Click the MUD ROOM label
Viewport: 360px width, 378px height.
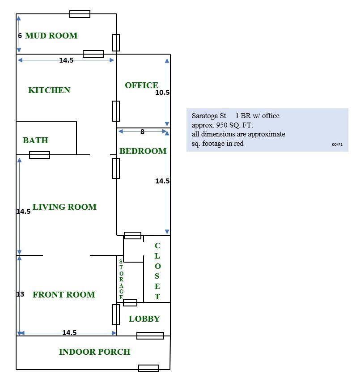pos(51,36)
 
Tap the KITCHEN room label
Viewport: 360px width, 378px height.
pos(49,90)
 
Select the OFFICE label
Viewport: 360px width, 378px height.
pos(142,85)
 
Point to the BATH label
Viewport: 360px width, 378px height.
pos(35,140)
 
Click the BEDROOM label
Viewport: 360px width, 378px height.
pos(143,151)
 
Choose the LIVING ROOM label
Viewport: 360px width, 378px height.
pos(64,207)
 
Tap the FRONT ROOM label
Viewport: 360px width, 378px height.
pos(64,295)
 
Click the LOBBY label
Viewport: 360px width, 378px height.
pos(144,319)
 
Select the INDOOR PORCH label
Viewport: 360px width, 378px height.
pos(95,352)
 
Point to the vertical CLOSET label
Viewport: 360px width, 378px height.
pos(157,271)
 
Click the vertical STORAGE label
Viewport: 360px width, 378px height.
pos(121,280)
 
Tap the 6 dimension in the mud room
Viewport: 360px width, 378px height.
pos(20,36)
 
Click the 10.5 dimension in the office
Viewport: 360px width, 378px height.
pos(162,92)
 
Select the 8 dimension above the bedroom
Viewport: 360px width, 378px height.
pos(142,132)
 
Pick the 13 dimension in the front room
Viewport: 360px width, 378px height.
pos(21,294)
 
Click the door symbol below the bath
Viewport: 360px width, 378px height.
pos(39,155)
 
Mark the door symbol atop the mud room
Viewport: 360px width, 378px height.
pos(80,14)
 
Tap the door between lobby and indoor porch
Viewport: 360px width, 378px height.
pos(150,336)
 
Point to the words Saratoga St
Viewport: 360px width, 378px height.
pos(209,116)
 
